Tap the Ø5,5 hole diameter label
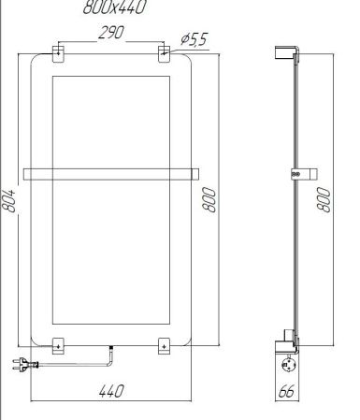193,39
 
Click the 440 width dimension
111,393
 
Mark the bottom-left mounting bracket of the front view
58,345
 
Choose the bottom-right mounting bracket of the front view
164,345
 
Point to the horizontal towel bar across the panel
112,172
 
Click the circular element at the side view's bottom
288,359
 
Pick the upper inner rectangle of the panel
112,120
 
